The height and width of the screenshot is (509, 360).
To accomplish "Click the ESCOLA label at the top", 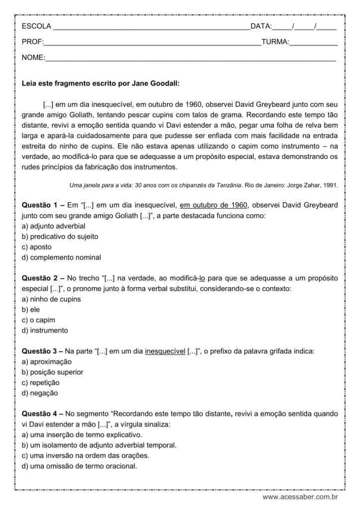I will tap(36, 26).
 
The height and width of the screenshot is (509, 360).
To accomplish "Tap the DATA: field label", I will tap(261, 26).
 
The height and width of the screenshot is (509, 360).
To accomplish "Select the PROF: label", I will tap(33, 42).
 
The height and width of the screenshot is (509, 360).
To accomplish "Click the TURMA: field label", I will tap(275, 42).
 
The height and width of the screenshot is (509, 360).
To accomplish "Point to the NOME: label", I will tap(33, 58).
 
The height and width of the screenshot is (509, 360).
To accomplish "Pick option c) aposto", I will tap(37, 247).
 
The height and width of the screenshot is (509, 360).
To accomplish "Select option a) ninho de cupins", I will tap(51, 299).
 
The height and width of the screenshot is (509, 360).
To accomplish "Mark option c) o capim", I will tap(38, 320).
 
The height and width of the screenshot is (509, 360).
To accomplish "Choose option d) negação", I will tap(40, 393).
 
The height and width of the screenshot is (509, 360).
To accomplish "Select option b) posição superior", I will tap(52, 372).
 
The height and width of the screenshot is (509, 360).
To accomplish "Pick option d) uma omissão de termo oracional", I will tap(79, 466).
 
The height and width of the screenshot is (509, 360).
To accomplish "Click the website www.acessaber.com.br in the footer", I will tap(300, 497).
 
